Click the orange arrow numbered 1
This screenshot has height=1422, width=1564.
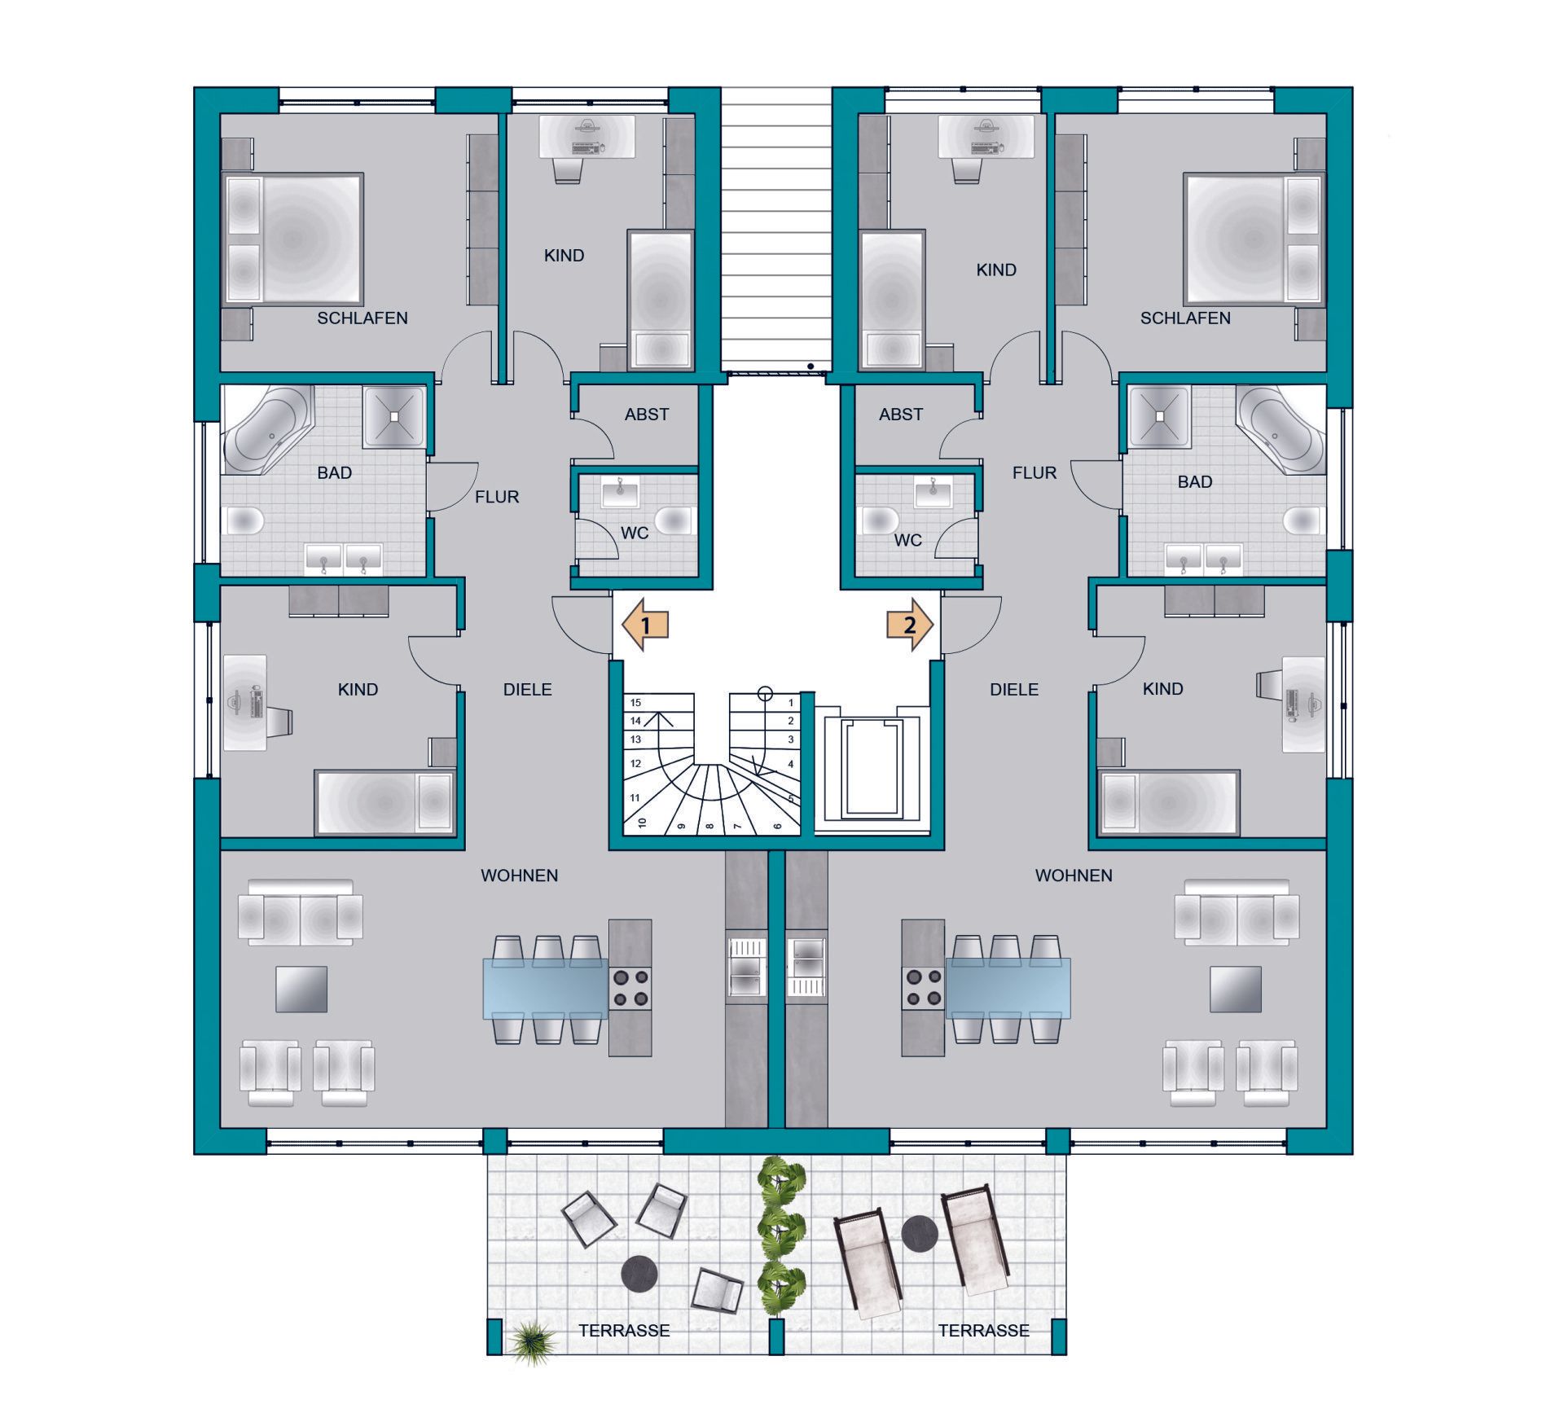point(645,625)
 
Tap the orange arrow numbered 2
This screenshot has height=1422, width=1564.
point(909,625)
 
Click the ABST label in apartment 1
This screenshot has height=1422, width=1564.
point(647,415)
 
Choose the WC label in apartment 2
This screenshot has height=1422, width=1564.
point(908,540)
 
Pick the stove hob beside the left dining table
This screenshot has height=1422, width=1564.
point(630,988)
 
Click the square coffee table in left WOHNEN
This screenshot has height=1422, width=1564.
point(301,989)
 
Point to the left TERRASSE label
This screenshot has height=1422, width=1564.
point(624,1331)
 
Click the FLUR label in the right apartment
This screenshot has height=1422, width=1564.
point(1035,472)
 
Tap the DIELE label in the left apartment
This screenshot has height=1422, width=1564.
point(528,690)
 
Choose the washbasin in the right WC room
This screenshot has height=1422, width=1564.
point(933,492)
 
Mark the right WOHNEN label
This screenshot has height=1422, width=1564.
point(1074,876)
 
